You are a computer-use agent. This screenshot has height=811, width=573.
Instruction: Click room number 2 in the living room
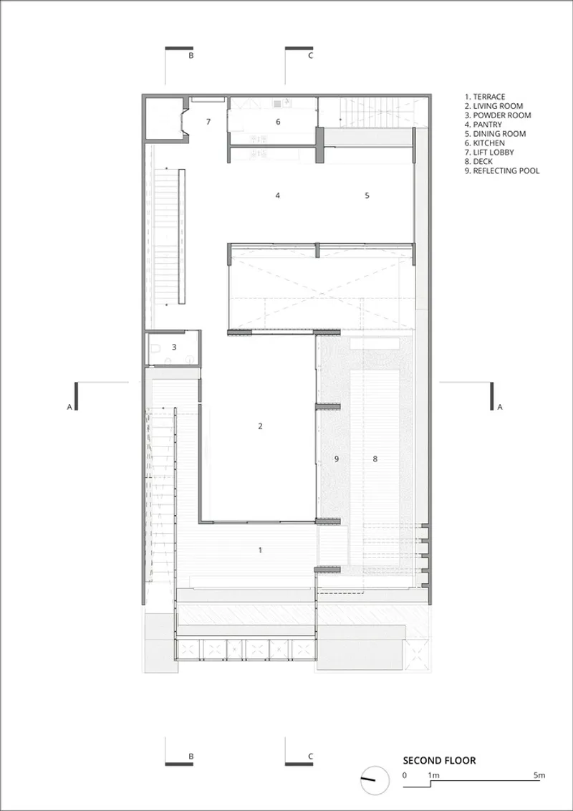[260, 426]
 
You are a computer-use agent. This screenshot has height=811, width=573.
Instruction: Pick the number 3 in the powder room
[174, 347]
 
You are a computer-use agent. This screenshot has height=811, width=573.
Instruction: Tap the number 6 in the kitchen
[278, 122]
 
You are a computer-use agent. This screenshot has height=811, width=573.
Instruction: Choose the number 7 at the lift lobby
[208, 122]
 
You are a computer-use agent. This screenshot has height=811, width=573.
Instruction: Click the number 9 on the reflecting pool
[336, 459]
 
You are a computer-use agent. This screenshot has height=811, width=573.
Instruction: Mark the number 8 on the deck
[375, 459]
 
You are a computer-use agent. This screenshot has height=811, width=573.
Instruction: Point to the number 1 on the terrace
[260, 550]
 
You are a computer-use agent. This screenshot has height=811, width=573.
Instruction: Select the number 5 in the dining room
[367, 196]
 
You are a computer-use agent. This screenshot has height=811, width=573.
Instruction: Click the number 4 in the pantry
[278, 196]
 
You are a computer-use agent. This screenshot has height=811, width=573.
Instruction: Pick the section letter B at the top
[191, 56]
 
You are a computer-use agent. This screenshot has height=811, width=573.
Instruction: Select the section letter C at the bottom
[310, 756]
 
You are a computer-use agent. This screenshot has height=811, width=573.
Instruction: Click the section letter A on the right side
[499, 407]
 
